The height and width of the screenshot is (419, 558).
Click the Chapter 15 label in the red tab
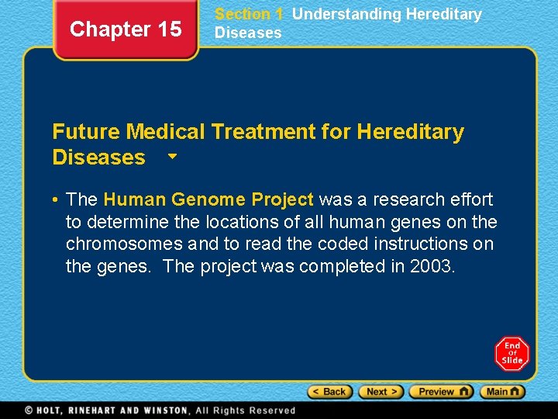pyautogui.click(x=126, y=29)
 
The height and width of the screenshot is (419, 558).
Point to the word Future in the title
pyautogui.click(x=86, y=132)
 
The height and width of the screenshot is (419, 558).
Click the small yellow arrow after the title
pyautogui.click(x=172, y=156)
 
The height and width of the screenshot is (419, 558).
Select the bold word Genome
pyautogui.click(x=209, y=199)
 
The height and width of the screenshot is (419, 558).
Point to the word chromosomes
pyautogui.click(x=125, y=244)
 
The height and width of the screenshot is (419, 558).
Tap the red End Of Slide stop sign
pyautogui.click(x=511, y=353)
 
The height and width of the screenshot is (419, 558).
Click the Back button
pyautogui.click(x=330, y=392)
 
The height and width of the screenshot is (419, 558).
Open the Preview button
pyautogui.click(x=440, y=392)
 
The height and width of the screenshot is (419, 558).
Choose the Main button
pyautogui.click(x=502, y=392)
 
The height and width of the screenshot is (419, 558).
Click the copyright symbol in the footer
pyautogui.click(x=28, y=410)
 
